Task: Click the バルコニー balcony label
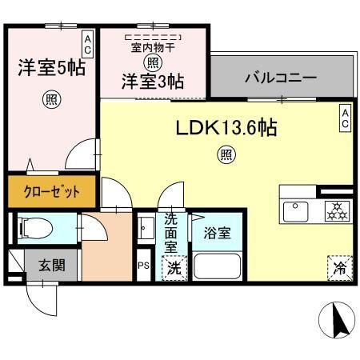(280, 80)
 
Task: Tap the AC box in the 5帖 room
(87, 43)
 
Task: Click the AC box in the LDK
(345, 119)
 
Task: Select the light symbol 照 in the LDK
(226, 154)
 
